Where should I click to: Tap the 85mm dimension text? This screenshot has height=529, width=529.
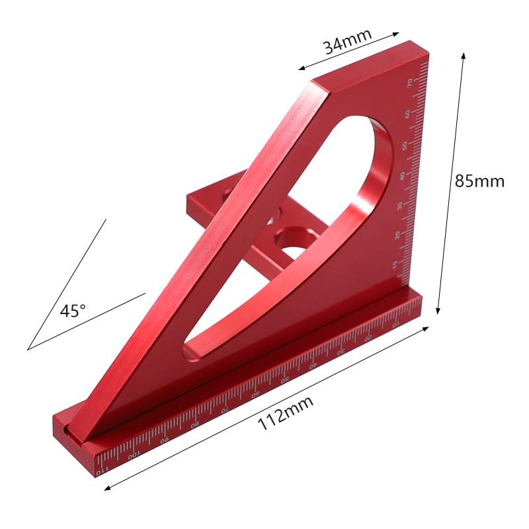click(479, 181)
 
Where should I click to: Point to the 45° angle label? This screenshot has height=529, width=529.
click(73, 311)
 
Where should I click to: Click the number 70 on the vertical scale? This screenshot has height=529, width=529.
click(411, 83)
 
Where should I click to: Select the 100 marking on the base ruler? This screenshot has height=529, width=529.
click(134, 456)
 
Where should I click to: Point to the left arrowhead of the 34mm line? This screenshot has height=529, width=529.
click(300, 67)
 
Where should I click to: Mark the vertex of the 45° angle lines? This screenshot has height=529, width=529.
click(28, 348)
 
